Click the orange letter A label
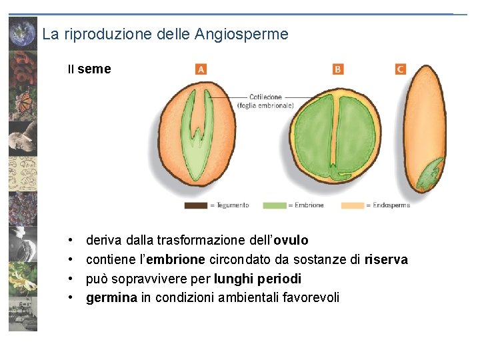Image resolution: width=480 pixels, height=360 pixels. click(x=201, y=69)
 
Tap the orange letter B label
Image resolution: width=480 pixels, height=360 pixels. click(x=338, y=69)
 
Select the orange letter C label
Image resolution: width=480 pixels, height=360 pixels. click(x=400, y=69)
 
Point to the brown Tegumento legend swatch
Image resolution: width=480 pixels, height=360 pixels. click(x=195, y=205)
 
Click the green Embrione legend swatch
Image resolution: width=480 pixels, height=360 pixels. click(x=274, y=205)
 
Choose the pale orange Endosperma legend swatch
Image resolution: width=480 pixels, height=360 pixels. click(x=353, y=205)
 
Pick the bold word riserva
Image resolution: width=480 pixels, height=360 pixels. click(x=386, y=259)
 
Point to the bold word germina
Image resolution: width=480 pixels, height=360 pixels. click(x=110, y=297)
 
